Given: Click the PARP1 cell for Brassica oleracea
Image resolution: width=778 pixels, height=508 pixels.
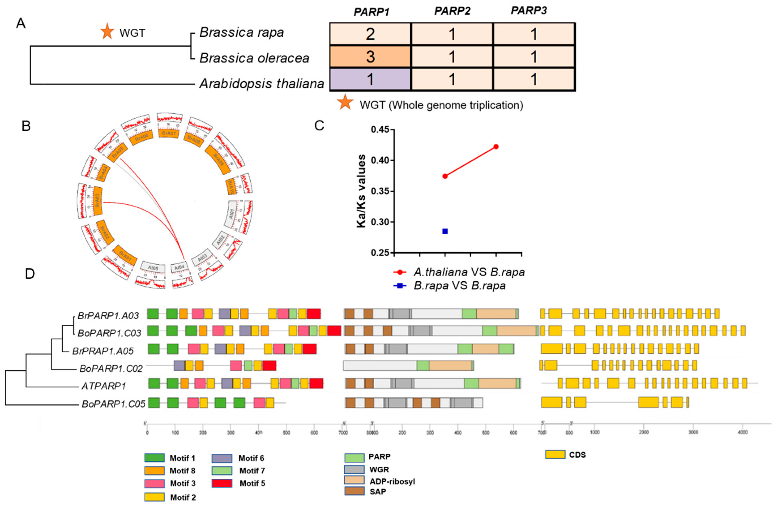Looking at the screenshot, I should click(370, 57).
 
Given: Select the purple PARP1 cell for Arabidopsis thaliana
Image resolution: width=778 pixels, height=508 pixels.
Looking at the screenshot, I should click(370, 79).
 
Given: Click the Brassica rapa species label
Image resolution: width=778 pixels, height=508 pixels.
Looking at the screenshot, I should click(242, 32).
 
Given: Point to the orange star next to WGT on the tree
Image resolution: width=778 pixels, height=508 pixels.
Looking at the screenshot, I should click(107, 32).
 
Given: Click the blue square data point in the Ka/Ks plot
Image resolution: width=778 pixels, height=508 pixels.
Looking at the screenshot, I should click(445, 231).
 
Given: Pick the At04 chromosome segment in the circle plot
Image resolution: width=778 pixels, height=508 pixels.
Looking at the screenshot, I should click(179, 268).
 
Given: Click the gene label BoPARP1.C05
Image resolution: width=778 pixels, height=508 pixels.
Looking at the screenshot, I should click(113, 404).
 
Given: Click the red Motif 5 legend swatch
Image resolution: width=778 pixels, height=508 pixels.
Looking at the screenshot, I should click(222, 483).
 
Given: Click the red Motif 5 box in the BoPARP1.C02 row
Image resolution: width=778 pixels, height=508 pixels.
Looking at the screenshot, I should click(269, 365).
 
